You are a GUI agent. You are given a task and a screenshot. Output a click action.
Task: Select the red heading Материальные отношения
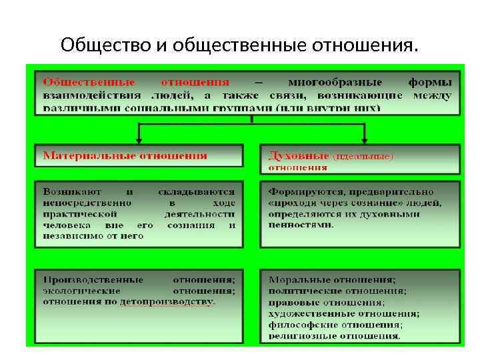click(125, 155)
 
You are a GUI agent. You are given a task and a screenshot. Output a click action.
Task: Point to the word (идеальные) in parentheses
click(363, 156)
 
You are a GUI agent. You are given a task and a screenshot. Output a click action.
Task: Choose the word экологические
click(81, 291)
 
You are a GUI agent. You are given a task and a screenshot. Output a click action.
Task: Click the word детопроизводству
click(167, 302)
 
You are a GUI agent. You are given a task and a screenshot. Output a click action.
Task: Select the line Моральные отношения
click(331, 279)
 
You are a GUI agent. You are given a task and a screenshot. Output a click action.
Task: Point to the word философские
click(299, 325)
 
